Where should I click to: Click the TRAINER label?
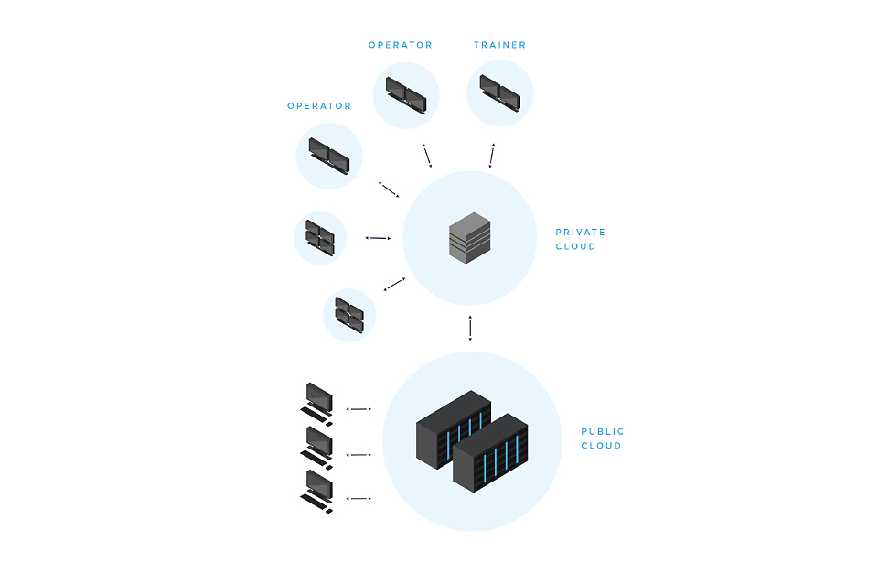coord(499,45)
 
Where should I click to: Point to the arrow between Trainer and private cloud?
coord(492,156)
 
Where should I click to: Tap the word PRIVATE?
coord(580,233)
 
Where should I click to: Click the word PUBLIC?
coord(603,432)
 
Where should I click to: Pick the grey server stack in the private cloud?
coord(469,235)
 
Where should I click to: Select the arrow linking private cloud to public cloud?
coord(470,329)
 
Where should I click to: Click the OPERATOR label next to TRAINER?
coord(400,45)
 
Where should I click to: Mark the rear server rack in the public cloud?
coord(453,430)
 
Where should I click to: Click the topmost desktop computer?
coord(318,403)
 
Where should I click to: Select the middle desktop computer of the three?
coord(318,447)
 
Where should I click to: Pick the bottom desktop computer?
coord(318,491)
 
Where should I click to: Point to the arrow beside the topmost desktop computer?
coord(359,409)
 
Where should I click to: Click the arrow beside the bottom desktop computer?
coord(359,499)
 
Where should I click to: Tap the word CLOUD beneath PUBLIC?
coord(601,446)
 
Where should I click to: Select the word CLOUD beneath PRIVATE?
coord(575,246)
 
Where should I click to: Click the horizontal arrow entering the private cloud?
coord(378,238)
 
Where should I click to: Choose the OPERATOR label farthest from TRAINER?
coord(319,106)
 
